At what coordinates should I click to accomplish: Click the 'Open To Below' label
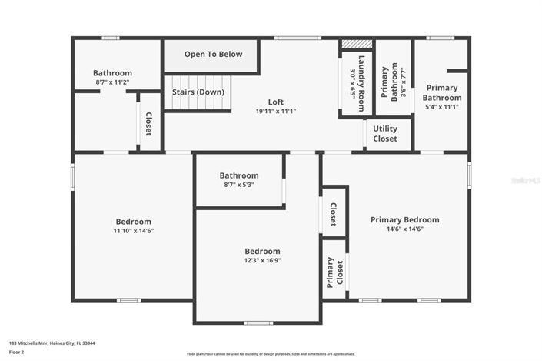213,55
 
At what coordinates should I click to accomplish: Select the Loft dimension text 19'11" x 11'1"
276,111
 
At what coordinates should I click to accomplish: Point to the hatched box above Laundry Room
357,45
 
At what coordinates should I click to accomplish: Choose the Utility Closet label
385,134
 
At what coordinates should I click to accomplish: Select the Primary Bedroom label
404,219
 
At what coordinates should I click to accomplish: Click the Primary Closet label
334,272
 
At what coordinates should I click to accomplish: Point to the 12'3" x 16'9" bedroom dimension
262,260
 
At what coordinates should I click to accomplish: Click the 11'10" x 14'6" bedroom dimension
134,231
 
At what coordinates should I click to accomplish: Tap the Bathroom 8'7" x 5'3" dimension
238,185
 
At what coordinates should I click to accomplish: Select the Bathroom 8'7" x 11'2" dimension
113,82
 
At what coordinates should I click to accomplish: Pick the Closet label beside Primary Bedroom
333,215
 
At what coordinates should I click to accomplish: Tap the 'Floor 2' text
17,353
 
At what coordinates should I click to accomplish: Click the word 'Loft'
275,102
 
